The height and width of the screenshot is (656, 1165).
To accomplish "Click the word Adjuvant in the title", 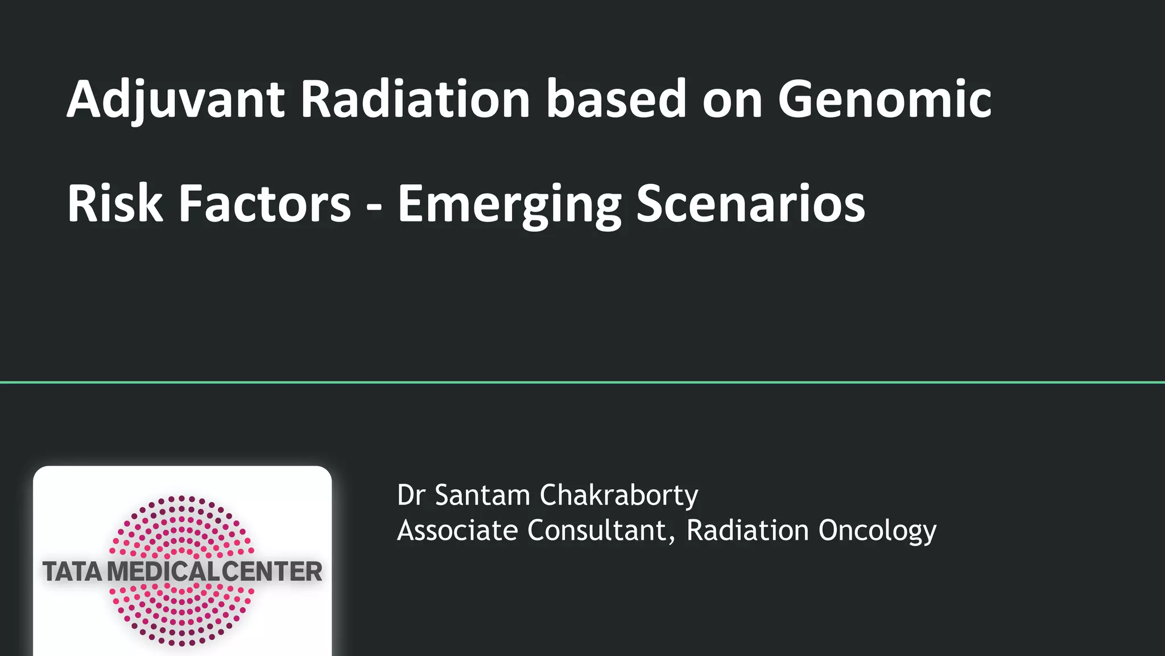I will coord(175,100).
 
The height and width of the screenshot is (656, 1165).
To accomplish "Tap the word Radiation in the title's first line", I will coord(415,100).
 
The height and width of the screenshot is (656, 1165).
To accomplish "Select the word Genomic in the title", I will coord(885,100).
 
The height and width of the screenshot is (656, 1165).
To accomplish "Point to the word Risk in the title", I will coord(114,204).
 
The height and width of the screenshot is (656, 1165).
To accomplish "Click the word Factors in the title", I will coord(265,204).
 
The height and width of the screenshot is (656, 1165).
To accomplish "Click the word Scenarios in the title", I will coord(750,204).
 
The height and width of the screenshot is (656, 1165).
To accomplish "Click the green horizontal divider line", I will coord(582,382).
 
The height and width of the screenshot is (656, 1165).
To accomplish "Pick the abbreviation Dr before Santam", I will coord(411,495).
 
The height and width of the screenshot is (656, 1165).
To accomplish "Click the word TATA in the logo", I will coord(72,572).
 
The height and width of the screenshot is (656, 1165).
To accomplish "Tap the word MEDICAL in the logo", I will coord(164,572).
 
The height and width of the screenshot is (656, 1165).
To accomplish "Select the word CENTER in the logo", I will coord(272,572).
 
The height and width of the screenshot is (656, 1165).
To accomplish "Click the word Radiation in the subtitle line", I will coord(747,531).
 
